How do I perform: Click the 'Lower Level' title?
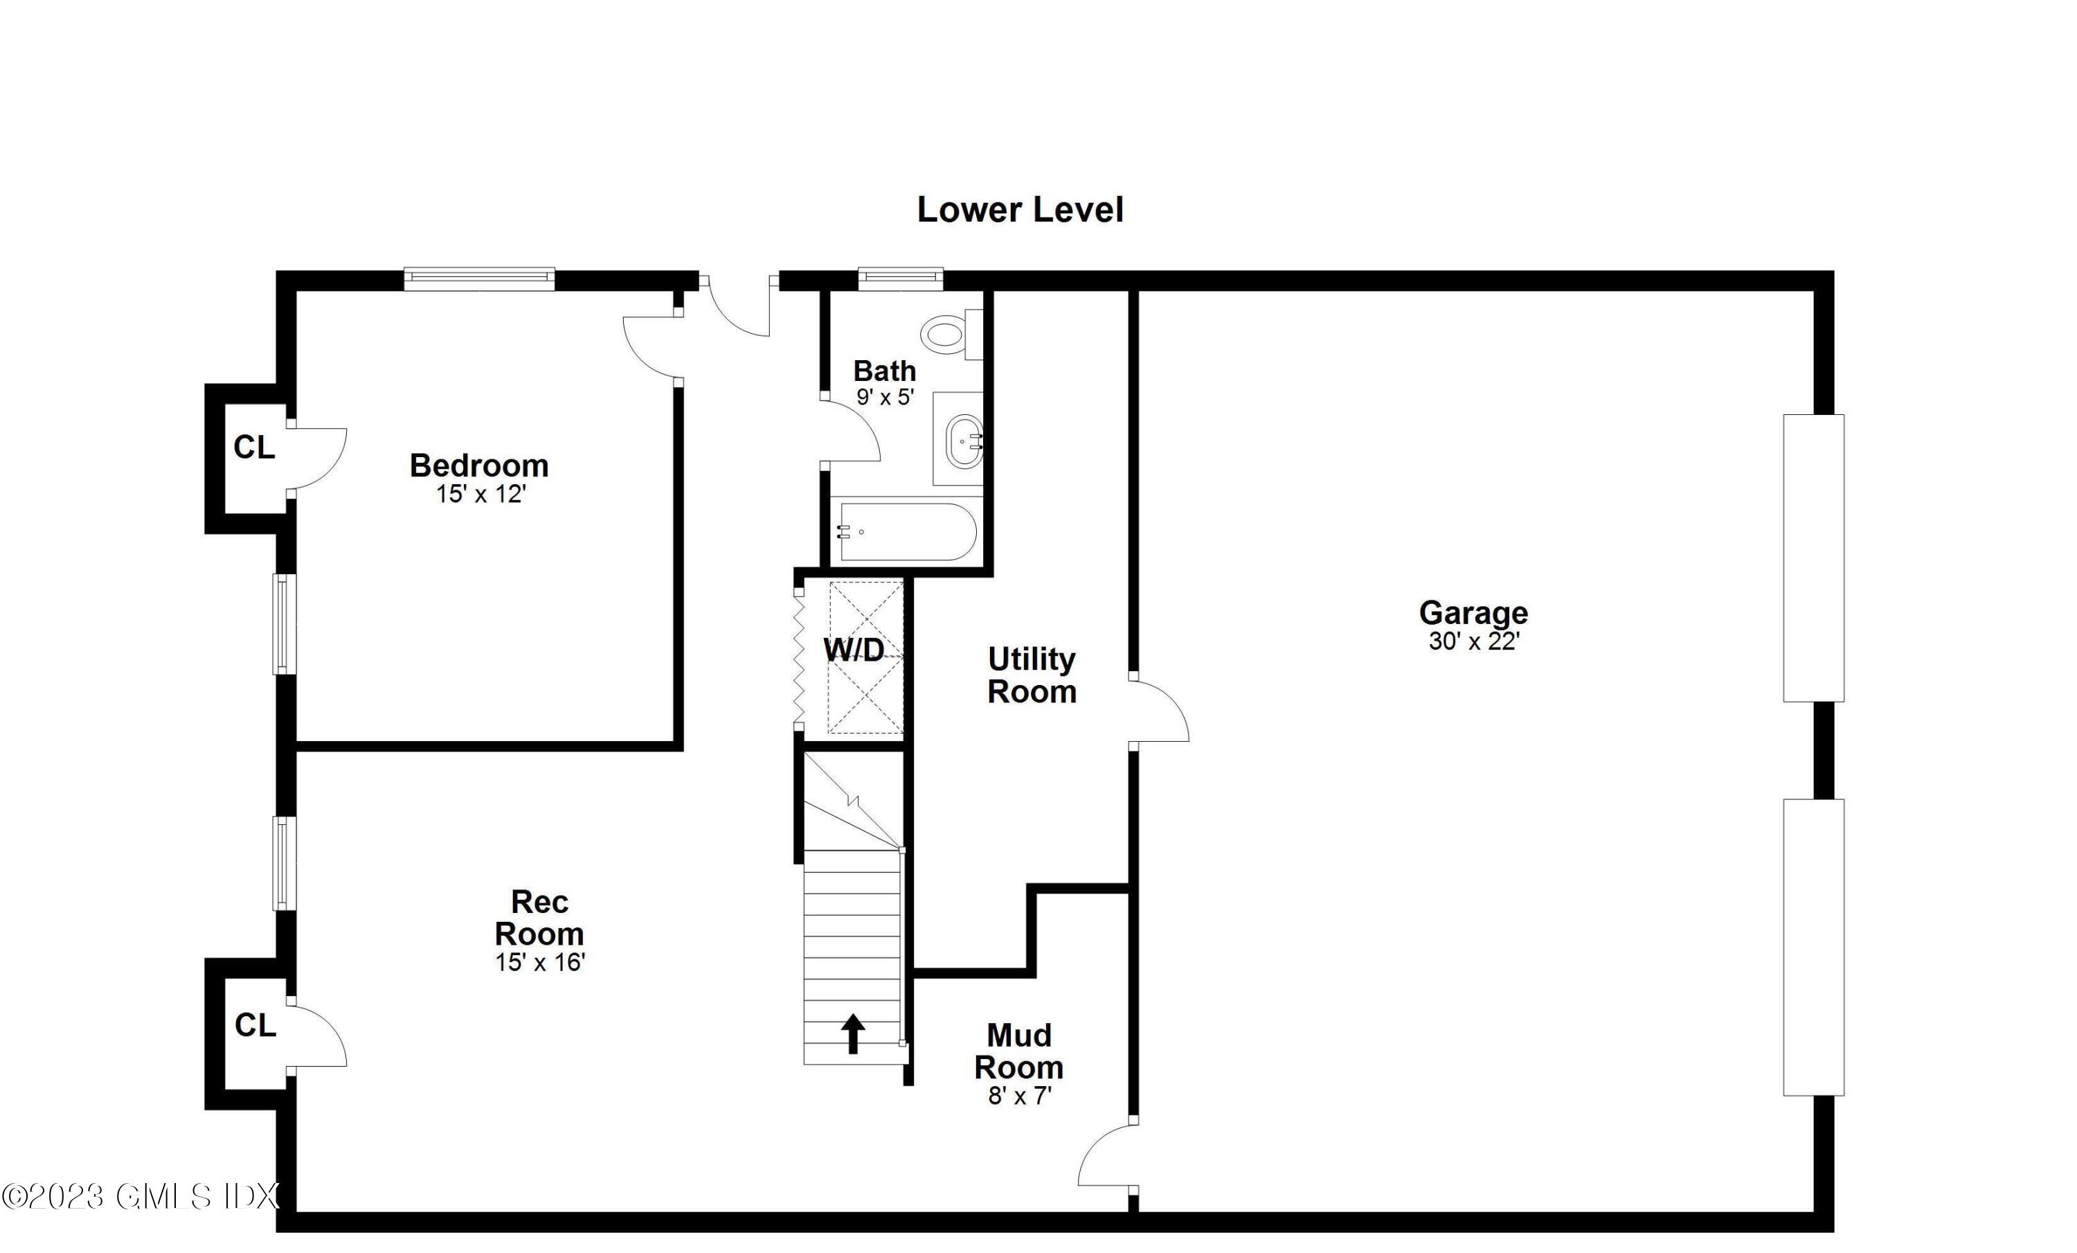point(1020,210)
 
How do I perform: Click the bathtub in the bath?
point(906,531)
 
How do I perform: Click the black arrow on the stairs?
point(853,1033)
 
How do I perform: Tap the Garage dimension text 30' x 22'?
point(1473,641)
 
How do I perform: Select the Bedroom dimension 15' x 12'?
point(480,494)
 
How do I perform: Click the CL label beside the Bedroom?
point(253,447)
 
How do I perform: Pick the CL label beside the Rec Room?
point(255,1025)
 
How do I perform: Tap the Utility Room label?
point(1032,675)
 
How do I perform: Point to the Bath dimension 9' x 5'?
point(885,397)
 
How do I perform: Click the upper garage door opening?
point(1813,558)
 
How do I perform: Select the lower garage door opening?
point(1813,947)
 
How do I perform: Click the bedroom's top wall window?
point(480,278)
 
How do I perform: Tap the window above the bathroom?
point(900,278)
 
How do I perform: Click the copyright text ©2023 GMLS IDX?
point(140,1196)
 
